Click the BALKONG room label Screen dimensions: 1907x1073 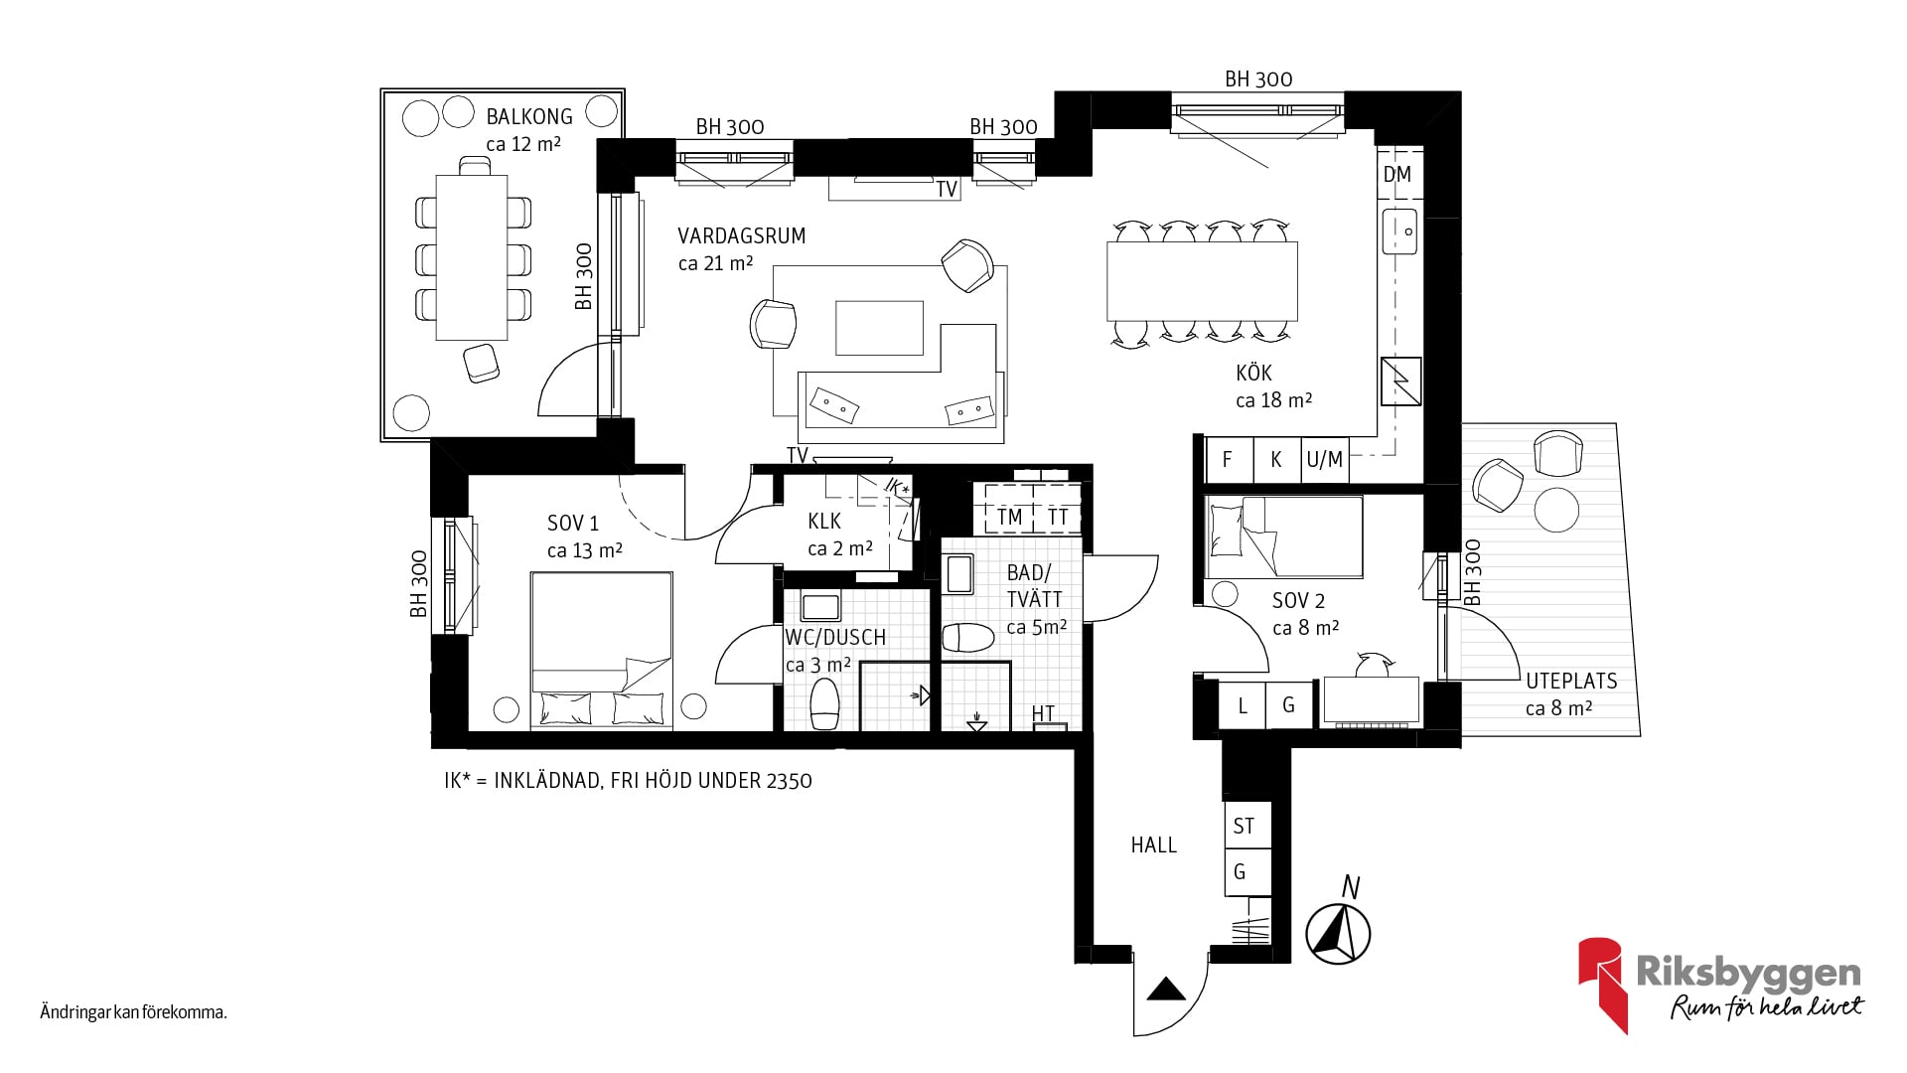click(529, 116)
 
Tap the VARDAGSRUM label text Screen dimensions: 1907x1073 click(741, 236)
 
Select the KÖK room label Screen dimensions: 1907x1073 click(1253, 373)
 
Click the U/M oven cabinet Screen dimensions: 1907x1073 click(1325, 460)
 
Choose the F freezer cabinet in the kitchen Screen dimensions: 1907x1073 click(1228, 460)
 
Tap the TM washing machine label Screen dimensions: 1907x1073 click(1009, 517)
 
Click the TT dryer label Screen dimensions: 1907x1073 click(1057, 517)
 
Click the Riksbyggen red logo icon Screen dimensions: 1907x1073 click(1603, 985)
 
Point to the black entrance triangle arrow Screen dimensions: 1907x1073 click(1166, 990)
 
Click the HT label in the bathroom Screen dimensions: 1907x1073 click(1043, 713)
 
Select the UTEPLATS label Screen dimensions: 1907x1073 click(1571, 682)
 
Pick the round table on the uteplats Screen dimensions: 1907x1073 click(1556, 510)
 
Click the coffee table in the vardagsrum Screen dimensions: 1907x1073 click(879, 328)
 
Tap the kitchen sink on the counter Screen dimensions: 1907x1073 click(1400, 231)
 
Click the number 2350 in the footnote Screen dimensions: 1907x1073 click(789, 781)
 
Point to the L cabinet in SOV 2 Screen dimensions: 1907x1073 click(1243, 705)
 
